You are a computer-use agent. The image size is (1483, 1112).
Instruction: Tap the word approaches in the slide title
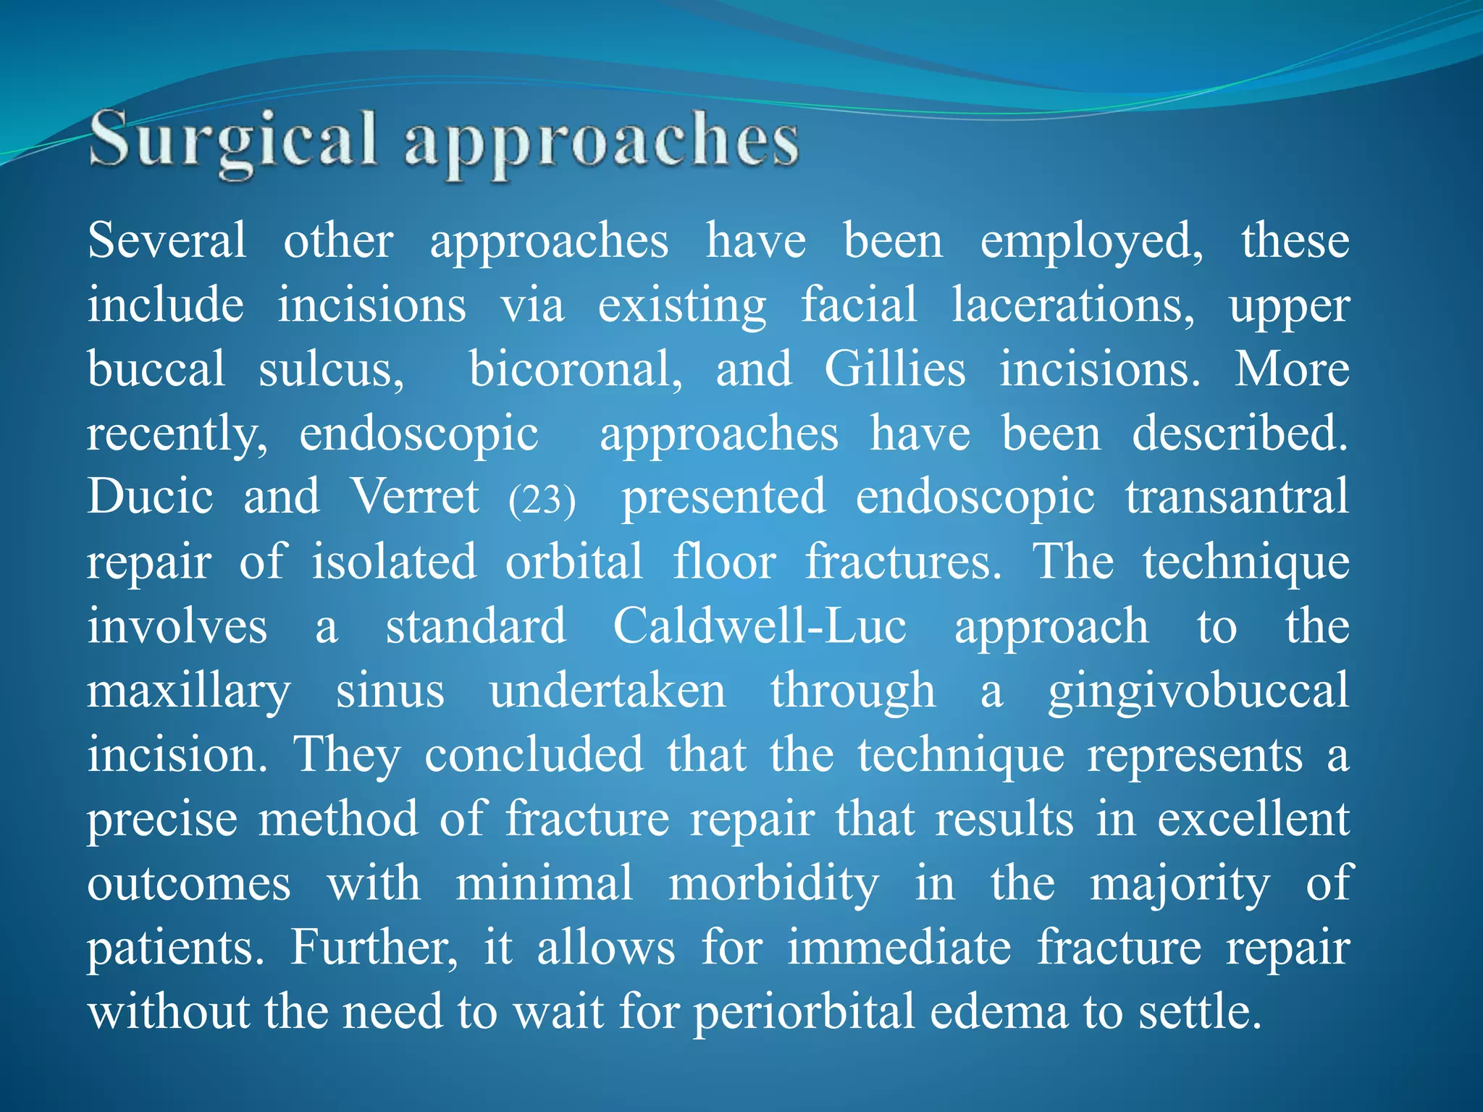[601, 142]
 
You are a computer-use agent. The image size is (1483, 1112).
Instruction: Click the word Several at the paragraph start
[167, 240]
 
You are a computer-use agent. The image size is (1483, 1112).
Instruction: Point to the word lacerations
[1072, 305]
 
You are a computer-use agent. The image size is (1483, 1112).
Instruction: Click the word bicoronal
[576, 369]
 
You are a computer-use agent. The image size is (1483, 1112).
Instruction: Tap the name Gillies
[895, 369]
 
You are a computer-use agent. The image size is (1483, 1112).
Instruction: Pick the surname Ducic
[151, 497]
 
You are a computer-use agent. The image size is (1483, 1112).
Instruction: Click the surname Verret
[415, 497]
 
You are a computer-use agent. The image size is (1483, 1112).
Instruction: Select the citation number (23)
[542, 500]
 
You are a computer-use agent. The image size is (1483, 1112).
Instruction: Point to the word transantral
[1237, 497]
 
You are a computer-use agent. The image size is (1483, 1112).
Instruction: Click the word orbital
[574, 561]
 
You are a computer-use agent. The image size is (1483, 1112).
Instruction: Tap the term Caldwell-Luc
[760, 625]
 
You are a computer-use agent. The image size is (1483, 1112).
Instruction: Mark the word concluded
[534, 754]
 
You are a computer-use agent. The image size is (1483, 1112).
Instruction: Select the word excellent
[1253, 819]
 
